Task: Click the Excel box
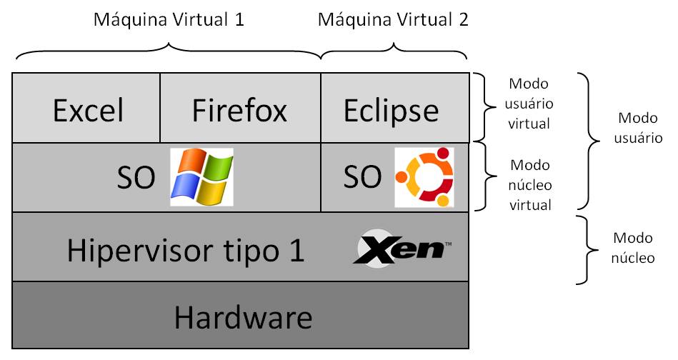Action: pyautogui.click(x=87, y=109)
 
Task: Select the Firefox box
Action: pyautogui.click(x=240, y=109)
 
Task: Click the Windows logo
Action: pyautogui.click(x=201, y=177)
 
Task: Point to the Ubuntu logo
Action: pyautogui.click(x=424, y=177)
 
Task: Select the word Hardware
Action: pyautogui.click(x=243, y=316)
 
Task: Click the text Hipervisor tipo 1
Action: pyautogui.click(x=186, y=249)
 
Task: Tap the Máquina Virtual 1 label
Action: pyautogui.click(x=169, y=19)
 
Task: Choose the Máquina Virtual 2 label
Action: pyautogui.click(x=393, y=19)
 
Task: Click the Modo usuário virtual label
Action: pyautogui.click(x=529, y=104)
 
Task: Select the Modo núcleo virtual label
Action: pyautogui.click(x=529, y=184)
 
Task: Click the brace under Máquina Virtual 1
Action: pyautogui.click(x=169, y=51)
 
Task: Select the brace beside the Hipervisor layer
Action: pyautogui.click(x=589, y=249)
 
